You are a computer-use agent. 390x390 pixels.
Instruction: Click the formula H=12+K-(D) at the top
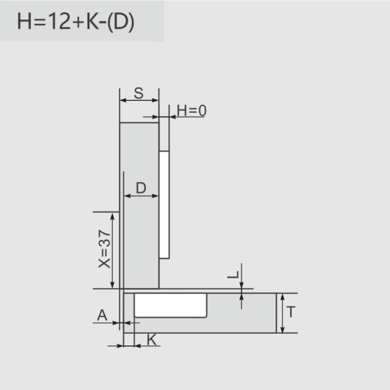point(76,22)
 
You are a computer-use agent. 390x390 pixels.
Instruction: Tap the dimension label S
point(139,93)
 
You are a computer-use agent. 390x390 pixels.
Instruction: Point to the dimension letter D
point(141,188)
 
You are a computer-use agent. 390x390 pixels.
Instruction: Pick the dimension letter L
point(233,274)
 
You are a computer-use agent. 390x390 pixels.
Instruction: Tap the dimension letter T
point(291,312)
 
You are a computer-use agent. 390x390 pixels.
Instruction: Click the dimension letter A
point(102,315)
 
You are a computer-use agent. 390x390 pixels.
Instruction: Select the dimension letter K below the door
point(152,340)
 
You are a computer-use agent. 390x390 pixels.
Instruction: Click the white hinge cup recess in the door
point(170,305)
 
